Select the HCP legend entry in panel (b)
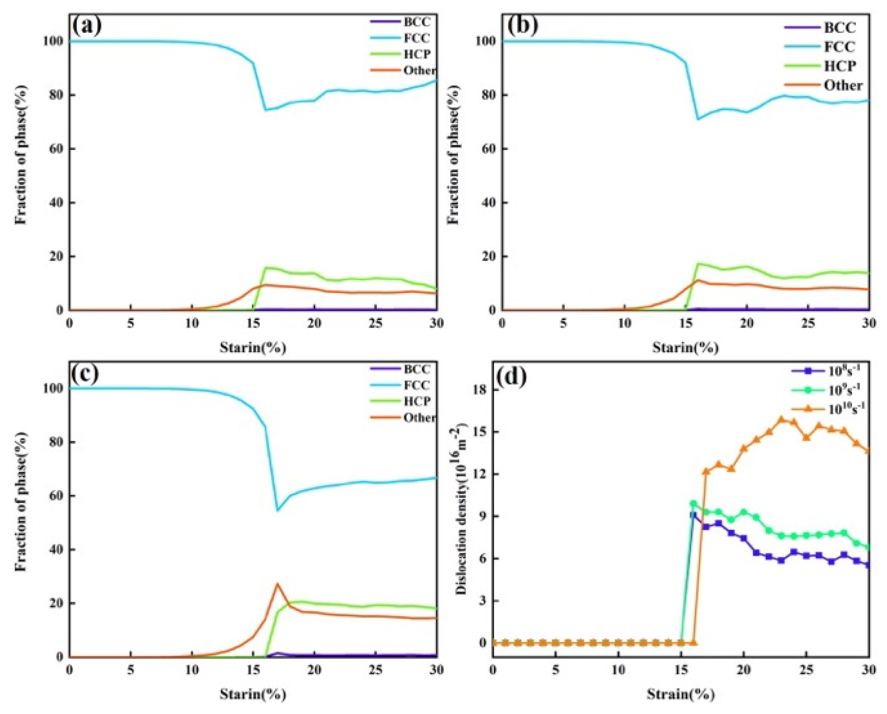coord(840,66)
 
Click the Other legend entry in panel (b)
coord(843,85)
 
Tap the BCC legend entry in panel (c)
coord(416,369)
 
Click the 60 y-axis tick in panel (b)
coord(487,149)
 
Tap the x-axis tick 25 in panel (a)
coord(375,323)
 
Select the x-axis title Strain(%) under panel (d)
coord(681,695)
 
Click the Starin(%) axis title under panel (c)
coord(253,695)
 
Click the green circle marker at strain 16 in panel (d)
coord(693,504)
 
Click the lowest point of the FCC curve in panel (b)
coord(698,119)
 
